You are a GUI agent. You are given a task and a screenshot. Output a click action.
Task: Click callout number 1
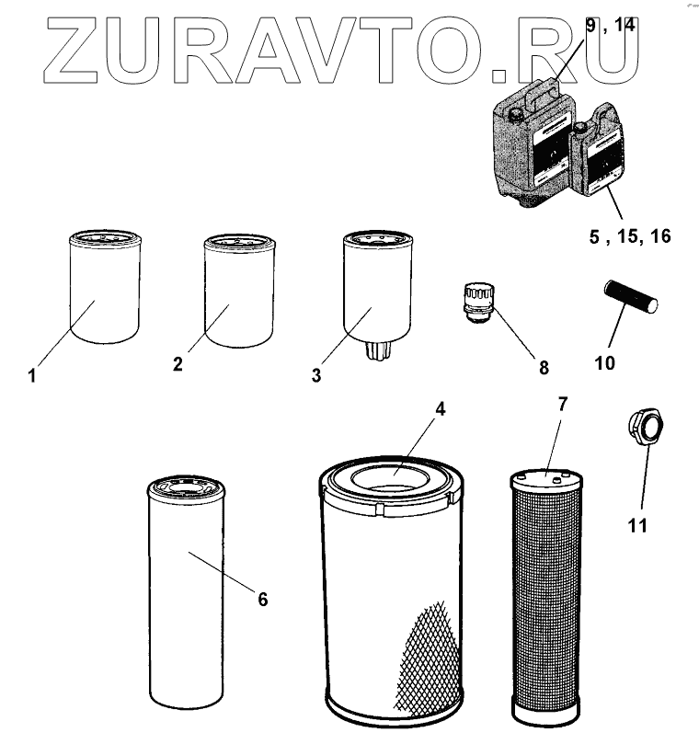32,376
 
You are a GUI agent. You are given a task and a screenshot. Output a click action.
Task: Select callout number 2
178,364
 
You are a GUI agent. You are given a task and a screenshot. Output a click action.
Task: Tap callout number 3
317,375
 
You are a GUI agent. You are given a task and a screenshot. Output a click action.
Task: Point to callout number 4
441,410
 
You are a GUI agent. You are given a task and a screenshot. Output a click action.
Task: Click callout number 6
262,600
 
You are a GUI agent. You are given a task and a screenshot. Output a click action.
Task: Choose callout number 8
543,368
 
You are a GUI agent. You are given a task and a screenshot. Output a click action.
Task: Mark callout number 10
604,362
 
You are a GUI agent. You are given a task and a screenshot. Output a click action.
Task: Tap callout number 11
637,525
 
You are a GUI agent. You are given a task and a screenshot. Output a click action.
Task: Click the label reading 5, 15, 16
630,236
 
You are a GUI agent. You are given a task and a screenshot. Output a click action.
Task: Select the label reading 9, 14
611,26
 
